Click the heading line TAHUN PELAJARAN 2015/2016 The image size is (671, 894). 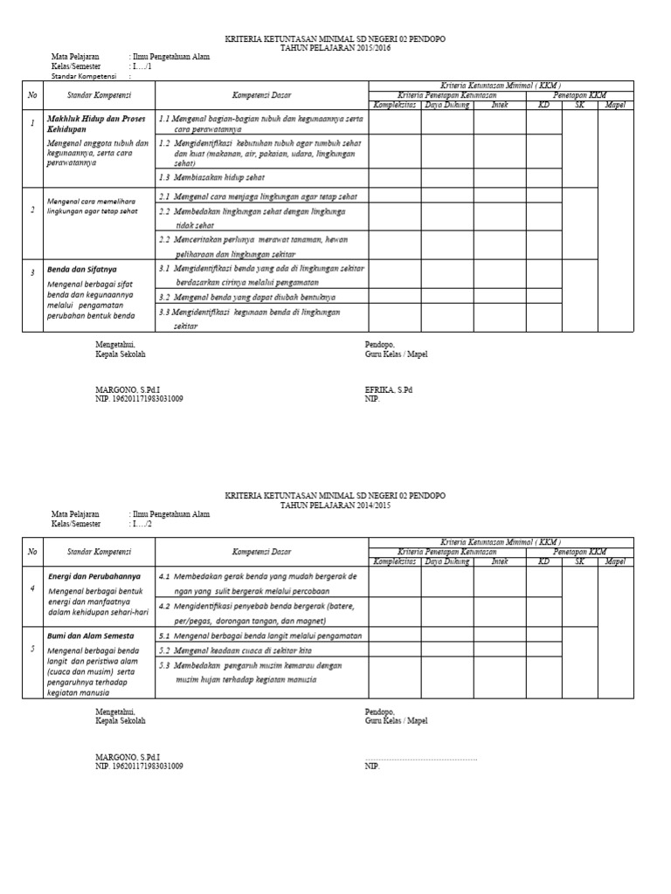pyautogui.click(x=335, y=48)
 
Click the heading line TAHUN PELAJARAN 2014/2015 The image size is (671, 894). pyautogui.click(x=335, y=505)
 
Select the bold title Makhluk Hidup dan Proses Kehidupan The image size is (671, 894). pyautogui.click(x=96, y=121)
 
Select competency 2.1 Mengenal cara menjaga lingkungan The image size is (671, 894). pyautogui.click(x=258, y=196)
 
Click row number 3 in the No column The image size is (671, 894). pyautogui.click(x=32, y=273)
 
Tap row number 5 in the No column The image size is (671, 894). pyautogui.click(x=32, y=649)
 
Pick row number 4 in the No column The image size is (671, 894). pyautogui.click(x=32, y=588)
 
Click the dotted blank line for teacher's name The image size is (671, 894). pyautogui.click(x=420, y=758)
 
